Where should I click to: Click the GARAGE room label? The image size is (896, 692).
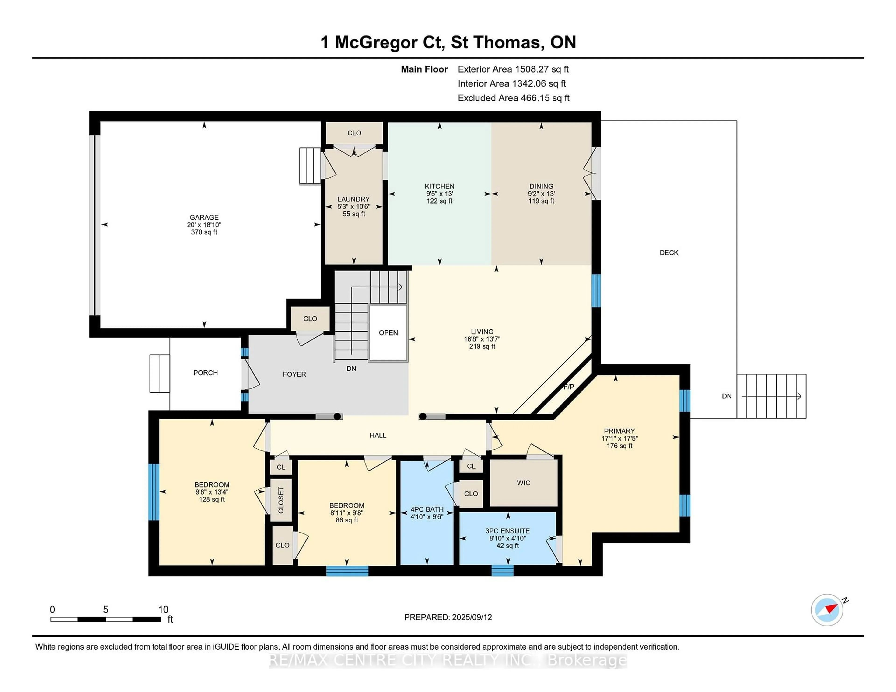click(204, 217)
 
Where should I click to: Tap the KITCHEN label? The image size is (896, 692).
click(439, 186)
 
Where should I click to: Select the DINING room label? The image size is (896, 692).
click(541, 186)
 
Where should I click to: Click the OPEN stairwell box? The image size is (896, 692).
click(388, 333)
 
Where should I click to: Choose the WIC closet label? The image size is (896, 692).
click(524, 483)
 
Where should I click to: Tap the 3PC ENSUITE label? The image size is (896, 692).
click(507, 531)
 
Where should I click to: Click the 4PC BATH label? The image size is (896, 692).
click(427, 509)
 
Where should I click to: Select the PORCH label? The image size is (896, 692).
click(206, 373)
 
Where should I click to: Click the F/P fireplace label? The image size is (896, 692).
click(569, 387)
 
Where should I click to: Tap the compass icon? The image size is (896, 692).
click(827, 610)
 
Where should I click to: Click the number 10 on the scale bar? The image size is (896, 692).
click(163, 610)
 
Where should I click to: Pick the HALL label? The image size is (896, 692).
click(378, 435)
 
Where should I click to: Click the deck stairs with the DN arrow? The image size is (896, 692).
click(771, 396)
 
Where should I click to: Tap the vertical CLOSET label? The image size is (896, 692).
click(281, 500)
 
